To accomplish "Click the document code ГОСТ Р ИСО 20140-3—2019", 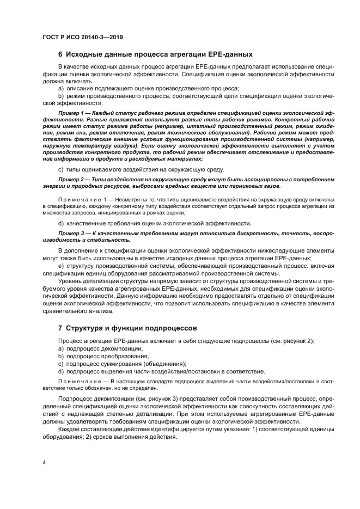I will tap(82, 37).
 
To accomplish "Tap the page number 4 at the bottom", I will tap(44, 463).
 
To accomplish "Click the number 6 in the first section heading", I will tap(60, 54).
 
